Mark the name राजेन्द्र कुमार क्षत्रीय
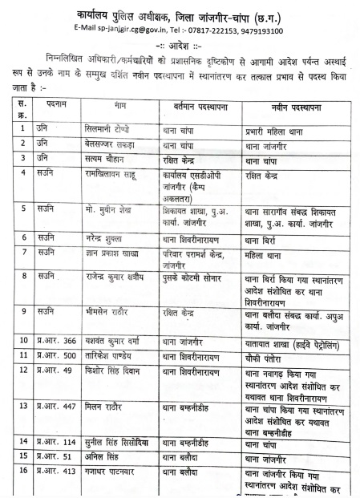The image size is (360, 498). point(120,277)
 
